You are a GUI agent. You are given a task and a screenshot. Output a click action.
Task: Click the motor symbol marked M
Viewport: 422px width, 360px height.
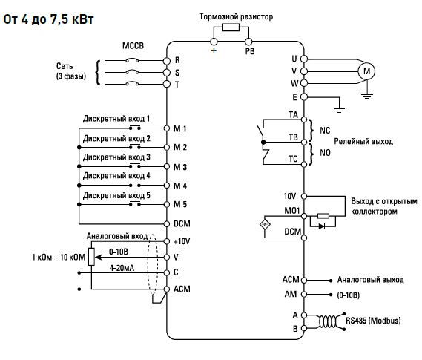[366, 71]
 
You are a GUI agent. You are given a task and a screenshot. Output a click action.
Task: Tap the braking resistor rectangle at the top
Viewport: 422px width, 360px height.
[231, 27]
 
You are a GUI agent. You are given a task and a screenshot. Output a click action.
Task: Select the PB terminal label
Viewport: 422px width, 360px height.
[250, 51]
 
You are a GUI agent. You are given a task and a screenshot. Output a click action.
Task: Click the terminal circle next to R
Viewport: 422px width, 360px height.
[167, 61]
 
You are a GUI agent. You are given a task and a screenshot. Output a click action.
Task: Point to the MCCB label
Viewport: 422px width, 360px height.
[133, 45]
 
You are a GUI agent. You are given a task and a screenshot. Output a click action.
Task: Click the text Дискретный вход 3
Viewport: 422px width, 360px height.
[116, 157]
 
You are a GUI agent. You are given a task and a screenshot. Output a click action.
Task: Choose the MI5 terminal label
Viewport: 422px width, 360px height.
[180, 204]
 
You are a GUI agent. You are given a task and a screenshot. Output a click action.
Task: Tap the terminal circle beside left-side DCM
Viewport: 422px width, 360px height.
[167, 223]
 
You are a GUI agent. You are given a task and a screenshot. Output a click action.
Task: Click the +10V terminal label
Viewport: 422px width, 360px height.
[182, 241]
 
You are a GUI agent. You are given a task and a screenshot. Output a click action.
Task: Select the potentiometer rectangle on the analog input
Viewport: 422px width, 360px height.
[91, 257]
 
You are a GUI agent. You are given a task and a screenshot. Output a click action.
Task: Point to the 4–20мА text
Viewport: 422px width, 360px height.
[122, 268]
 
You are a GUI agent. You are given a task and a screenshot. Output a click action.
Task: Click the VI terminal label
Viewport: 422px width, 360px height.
[177, 258]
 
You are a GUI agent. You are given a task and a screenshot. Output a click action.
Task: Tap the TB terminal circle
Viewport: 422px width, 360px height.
[304, 142]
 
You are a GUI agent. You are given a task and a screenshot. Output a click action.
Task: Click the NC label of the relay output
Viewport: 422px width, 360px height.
[325, 131]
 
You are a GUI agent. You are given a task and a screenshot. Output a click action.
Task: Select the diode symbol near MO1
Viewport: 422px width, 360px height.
[321, 226]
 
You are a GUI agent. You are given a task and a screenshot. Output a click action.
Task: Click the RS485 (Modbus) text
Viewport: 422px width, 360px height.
[373, 321]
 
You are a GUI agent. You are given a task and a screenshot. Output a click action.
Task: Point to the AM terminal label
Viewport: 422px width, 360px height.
[291, 294]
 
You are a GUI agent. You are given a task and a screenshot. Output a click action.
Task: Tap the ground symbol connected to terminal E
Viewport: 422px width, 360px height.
[339, 110]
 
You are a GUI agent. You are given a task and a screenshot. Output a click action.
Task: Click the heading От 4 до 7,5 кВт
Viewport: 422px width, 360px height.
[48, 19]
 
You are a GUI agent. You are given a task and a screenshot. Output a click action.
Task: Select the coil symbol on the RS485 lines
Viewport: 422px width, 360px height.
[328, 321]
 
